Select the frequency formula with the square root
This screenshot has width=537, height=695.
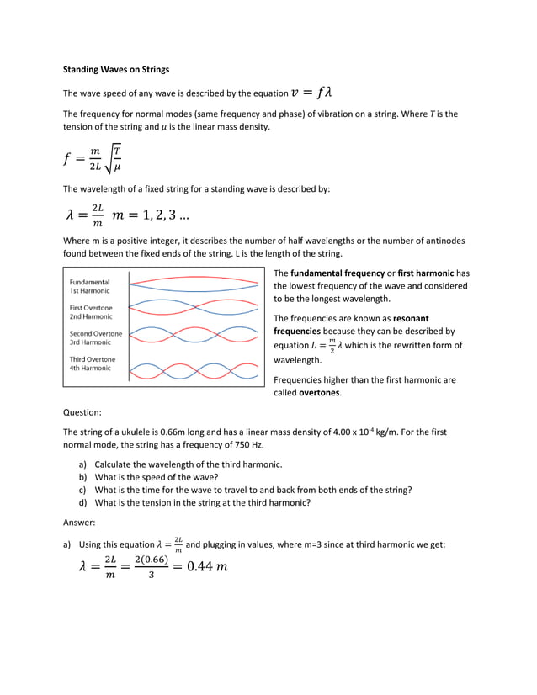click(93, 158)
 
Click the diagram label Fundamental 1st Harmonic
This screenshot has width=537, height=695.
click(90, 285)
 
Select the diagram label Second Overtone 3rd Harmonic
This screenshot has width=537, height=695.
click(95, 337)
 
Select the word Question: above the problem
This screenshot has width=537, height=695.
click(82, 412)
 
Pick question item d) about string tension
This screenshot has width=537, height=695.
click(202, 502)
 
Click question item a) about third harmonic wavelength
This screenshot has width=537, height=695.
click(188, 464)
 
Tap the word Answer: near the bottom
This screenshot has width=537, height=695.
click(79, 522)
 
